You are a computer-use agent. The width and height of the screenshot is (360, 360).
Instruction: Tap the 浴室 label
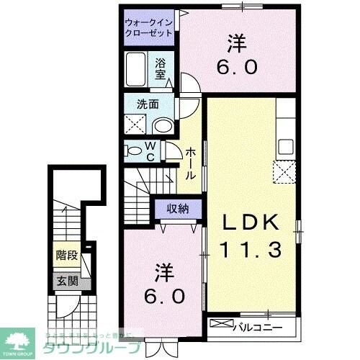[x=161, y=68]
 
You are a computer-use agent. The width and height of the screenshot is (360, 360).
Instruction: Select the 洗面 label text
[x=148, y=103]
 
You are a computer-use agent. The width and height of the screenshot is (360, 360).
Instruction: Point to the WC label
[x=152, y=151]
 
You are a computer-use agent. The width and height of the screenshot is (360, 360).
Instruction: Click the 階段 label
[x=67, y=255]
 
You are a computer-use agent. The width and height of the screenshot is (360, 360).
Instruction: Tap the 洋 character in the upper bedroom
[x=234, y=43]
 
